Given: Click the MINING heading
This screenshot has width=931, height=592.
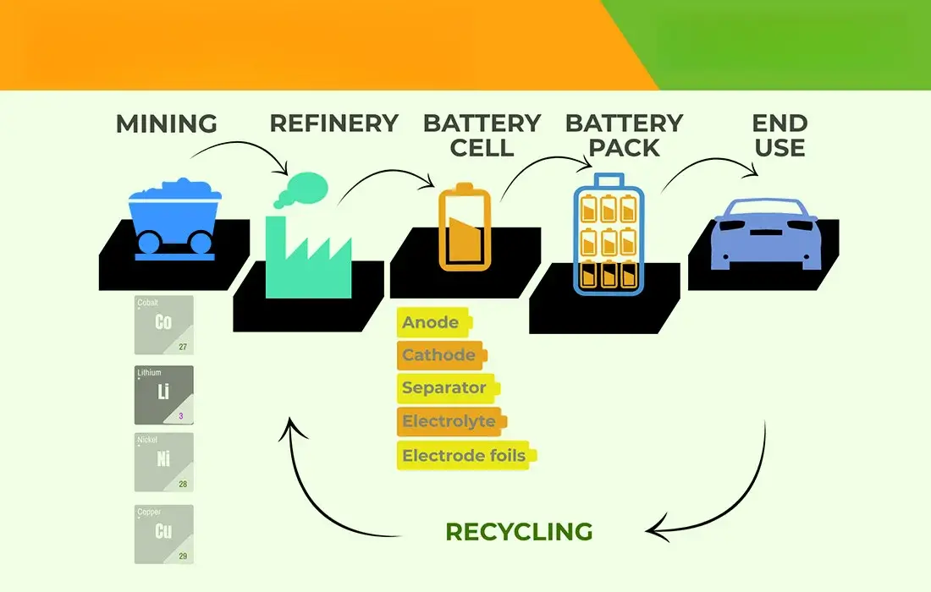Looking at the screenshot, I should click(x=166, y=123).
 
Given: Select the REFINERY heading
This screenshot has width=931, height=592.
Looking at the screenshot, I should click(x=333, y=123).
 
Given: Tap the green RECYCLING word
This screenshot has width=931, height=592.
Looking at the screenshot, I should click(x=519, y=532).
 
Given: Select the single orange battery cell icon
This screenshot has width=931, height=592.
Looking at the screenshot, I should click(x=464, y=229).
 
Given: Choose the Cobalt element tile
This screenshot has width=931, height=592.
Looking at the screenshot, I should click(x=164, y=325).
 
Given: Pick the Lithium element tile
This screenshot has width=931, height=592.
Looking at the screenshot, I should click(x=164, y=395).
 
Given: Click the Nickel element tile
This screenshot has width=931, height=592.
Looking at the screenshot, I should click(x=164, y=463).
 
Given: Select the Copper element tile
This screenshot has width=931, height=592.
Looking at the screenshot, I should click(x=164, y=534).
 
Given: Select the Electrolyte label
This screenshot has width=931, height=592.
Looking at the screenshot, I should click(x=449, y=421).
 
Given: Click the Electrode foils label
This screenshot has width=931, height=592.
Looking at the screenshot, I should click(x=465, y=456).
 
